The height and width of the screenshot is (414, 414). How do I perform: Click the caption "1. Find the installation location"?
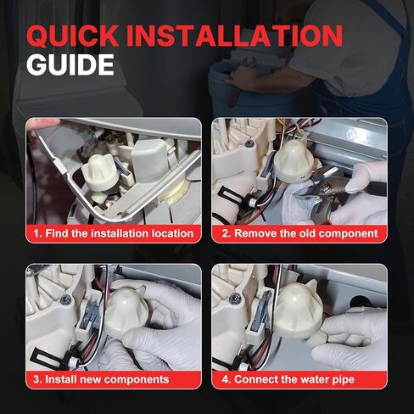(114, 232)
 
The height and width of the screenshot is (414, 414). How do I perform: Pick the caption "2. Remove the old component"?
(299, 232)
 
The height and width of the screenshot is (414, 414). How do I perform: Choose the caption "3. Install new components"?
(103, 378)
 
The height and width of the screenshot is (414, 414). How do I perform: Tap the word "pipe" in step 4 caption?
(340, 378)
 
